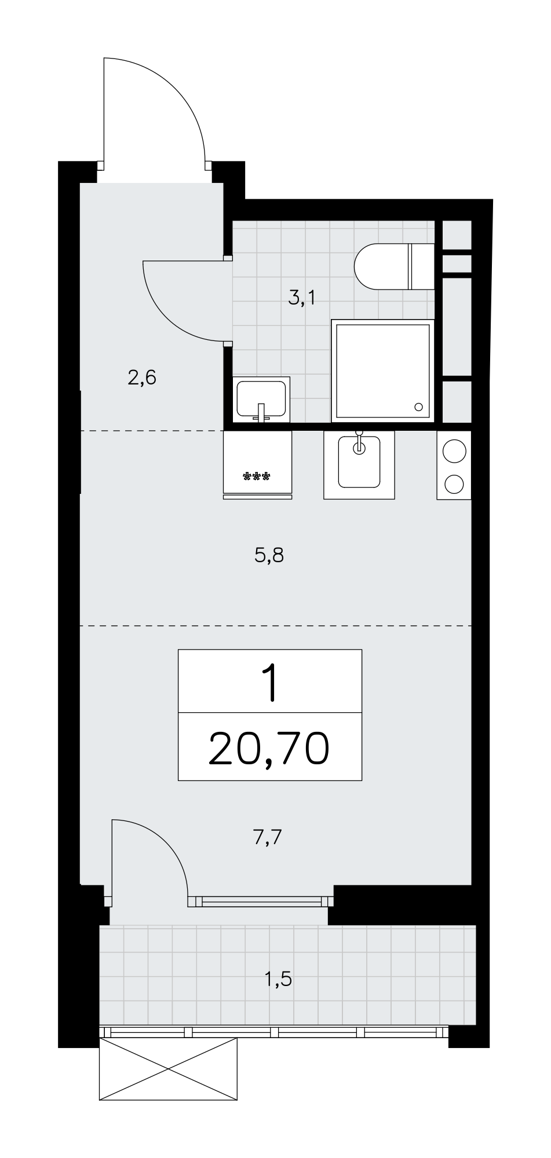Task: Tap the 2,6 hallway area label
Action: [142, 378]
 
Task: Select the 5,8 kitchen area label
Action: [269, 556]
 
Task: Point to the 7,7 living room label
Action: [267, 837]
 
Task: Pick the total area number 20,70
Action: [269, 748]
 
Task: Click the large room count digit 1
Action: [269, 683]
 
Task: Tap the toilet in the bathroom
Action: [394, 267]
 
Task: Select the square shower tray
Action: [382, 371]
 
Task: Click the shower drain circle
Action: [418, 406]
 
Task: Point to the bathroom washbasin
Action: [261, 400]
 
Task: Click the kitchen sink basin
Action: [359, 461]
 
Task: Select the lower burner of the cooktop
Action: [454, 483]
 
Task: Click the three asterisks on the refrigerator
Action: [257, 477]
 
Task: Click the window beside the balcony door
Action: [261, 901]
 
